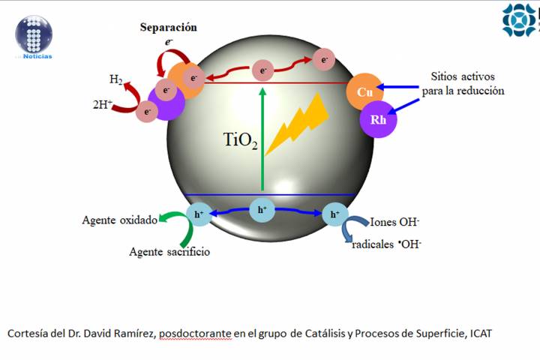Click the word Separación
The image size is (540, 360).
pos(169,28)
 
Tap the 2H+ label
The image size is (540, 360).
pos(102,106)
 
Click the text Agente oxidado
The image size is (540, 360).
pos(120,220)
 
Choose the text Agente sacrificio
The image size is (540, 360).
pos(169,252)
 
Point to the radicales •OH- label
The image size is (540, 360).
pos(386,244)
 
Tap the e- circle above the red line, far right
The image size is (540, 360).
pos(324,60)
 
